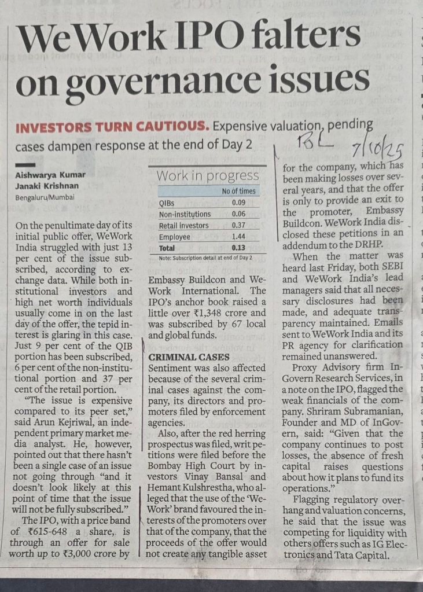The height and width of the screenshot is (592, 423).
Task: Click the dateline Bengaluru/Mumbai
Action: pos(45,197)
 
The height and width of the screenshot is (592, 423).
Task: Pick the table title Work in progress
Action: pos(208,175)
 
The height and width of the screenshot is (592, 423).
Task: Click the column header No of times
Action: pos(238,191)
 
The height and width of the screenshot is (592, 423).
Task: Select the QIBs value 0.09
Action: pos(238,203)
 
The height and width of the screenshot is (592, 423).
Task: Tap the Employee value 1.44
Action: pos(238,237)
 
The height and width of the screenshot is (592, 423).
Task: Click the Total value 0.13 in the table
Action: pos(238,248)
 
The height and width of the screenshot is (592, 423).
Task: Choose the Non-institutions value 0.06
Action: pos(238,214)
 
